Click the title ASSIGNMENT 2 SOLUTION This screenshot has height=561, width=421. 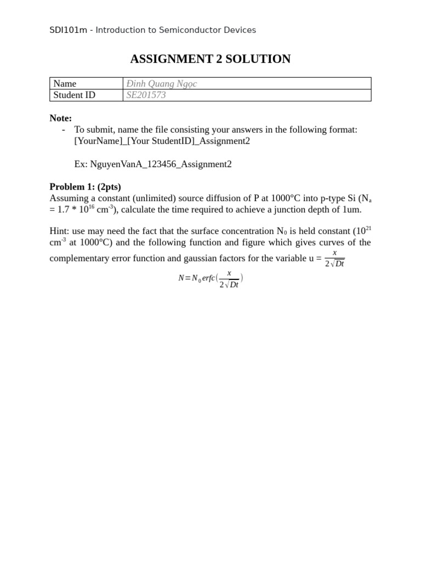click(210, 59)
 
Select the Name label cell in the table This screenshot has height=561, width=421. click(65, 84)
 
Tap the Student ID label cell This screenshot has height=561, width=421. click(75, 95)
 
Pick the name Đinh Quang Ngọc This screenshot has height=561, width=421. click(161, 84)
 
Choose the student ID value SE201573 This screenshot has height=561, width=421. click(146, 95)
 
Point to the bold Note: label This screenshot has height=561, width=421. click(60, 118)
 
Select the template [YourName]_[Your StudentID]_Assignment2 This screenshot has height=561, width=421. click(162, 141)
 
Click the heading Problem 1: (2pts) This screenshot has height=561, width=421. click(85, 187)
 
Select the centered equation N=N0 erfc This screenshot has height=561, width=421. click(210, 279)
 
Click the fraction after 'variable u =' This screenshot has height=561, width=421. click(334, 258)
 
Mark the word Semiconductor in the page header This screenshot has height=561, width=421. click(186, 30)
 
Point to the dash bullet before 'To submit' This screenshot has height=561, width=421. click(64, 130)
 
